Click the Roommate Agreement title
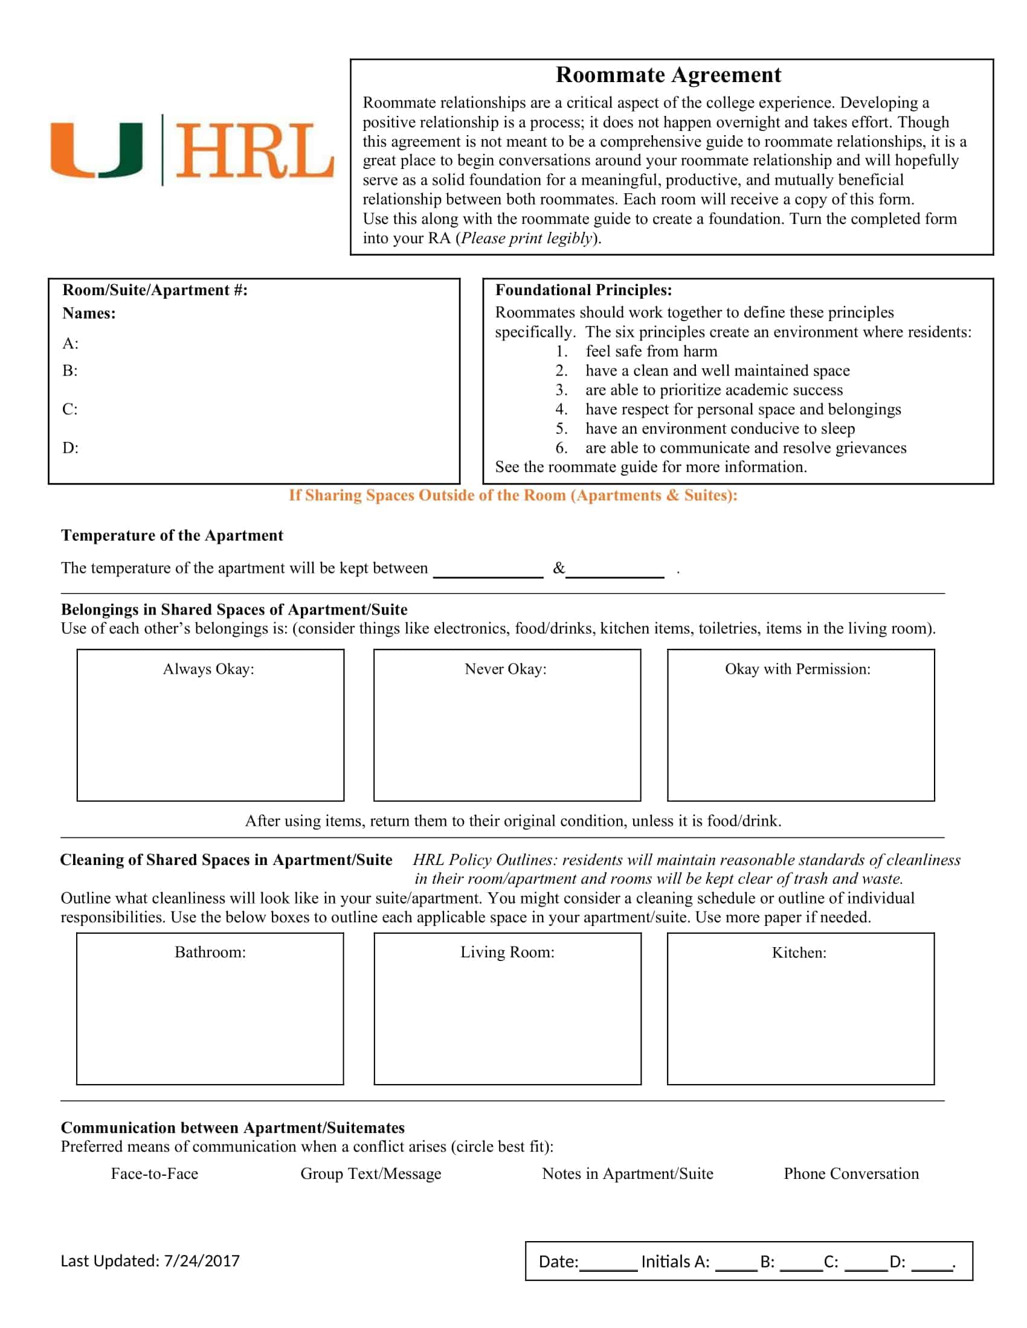point(668,75)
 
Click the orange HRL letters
point(254,152)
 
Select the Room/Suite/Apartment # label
point(155,290)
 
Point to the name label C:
point(70,409)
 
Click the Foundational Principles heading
point(583,290)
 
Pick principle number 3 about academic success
point(713,390)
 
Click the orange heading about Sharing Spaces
point(513,495)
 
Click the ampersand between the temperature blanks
point(559,568)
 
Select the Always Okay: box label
point(208,669)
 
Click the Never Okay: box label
point(506,669)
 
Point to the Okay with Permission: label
point(797,669)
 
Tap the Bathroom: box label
point(210,952)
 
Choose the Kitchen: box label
point(799,953)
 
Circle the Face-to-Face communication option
point(155,1173)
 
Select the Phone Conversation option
point(851,1173)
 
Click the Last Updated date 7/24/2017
point(201,1261)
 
